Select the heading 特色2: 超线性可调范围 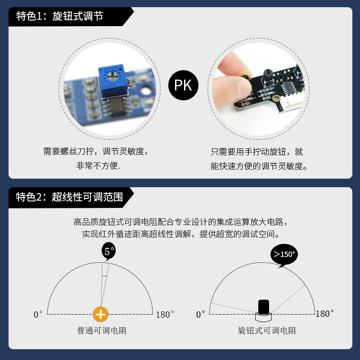(x=69, y=197)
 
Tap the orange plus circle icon (x=101, y=315)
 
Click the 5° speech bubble (x=108, y=252)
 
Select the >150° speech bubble (x=284, y=255)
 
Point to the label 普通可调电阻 (x=102, y=331)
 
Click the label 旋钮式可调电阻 (x=267, y=331)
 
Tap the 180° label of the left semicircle (x=165, y=315)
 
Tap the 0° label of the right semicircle (x=201, y=314)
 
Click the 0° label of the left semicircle (x=38, y=315)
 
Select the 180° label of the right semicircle (x=325, y=314)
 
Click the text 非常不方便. (x=99, y=166)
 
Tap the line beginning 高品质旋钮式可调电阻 (x=180, y=222)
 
